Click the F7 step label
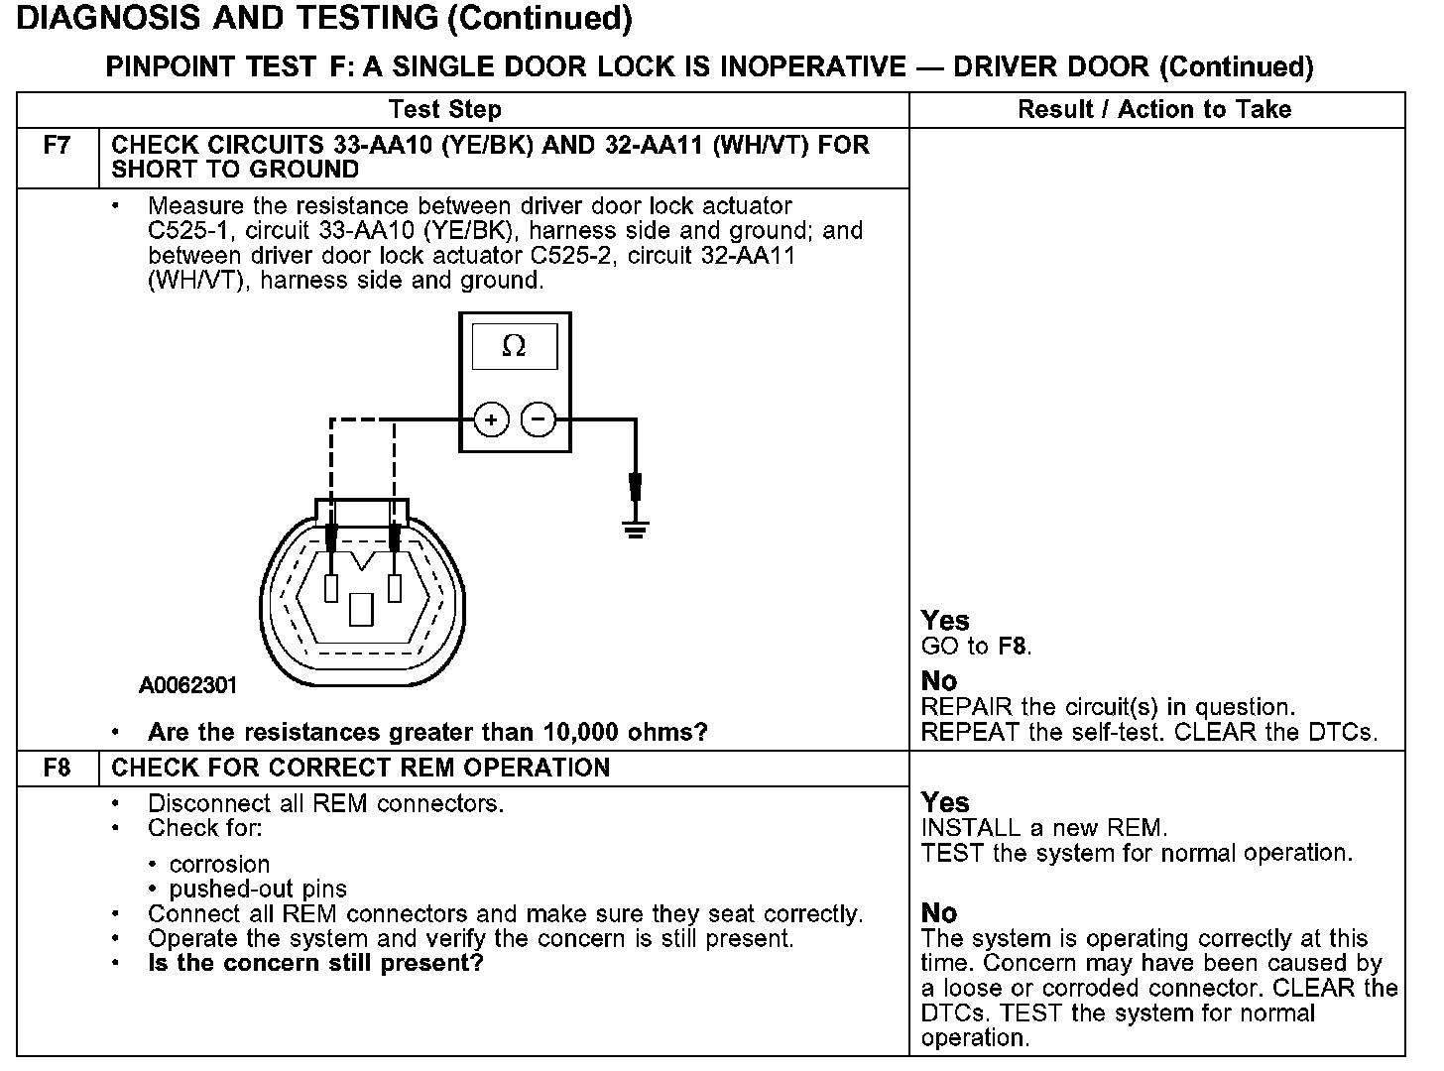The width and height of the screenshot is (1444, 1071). click(x=58, y=145)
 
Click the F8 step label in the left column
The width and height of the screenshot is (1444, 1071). click(x=58, y=768)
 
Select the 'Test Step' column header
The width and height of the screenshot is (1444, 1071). click(x=445, y=109)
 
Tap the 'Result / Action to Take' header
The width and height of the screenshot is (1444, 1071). click(x=1154, y=109)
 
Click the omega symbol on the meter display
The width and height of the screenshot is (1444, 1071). click(x=514, y=346)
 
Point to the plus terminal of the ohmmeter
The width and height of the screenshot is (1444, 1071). click(x=491, y=419)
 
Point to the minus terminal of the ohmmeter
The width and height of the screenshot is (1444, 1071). click(x=538, y=419)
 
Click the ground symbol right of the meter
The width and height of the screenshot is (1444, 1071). click(x=636, y=529)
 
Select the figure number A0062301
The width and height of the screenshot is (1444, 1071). click(x=187, y=685)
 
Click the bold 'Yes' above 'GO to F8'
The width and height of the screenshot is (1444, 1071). click(x=945, y=621)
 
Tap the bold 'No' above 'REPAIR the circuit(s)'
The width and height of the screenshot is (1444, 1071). click(x=939, y=681)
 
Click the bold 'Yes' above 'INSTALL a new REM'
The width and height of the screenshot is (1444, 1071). click(x=945, y=802)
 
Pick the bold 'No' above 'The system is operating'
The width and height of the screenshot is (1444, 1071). click(x=939, y=912)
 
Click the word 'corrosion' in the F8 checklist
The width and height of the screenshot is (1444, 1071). click(x=219, y=864)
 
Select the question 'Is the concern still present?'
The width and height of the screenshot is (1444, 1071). click(x=315, y=963)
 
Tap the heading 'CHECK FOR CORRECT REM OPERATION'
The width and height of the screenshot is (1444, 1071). click(x=360, y=768)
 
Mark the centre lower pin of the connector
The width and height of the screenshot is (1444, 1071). click(x=361, y=608)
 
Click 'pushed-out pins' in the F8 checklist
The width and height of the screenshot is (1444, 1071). click(x=258, y=889)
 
